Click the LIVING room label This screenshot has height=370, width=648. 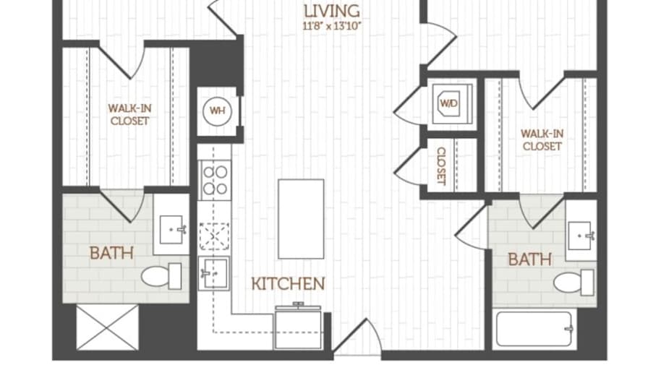pos(331,11)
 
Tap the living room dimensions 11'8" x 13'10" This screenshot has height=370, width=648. pos(332,27)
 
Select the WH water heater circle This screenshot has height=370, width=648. pos(218,111)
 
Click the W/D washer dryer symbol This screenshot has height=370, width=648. pos(449,103)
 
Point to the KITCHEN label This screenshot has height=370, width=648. pos(288,284)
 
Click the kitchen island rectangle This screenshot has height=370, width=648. pos(301,219)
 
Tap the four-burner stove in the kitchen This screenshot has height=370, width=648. pos(215,180)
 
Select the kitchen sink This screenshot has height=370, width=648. pos(213,272)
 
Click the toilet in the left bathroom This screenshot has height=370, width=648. pos(161,276)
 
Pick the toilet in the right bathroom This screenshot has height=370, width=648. pos(574,283)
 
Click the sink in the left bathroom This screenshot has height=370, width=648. pos(172,230)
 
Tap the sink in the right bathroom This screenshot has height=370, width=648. pos(581,236)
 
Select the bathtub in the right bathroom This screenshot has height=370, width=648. pos(534,329)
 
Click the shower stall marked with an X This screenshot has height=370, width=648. pos(108,327)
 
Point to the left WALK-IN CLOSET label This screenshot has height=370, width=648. pos(129,114)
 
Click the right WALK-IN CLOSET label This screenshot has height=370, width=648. pos(542,140)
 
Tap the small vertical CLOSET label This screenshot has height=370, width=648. pos(441,166)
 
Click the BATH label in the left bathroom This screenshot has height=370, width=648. pos(111,253)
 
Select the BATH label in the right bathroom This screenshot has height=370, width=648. pos(530,259)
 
